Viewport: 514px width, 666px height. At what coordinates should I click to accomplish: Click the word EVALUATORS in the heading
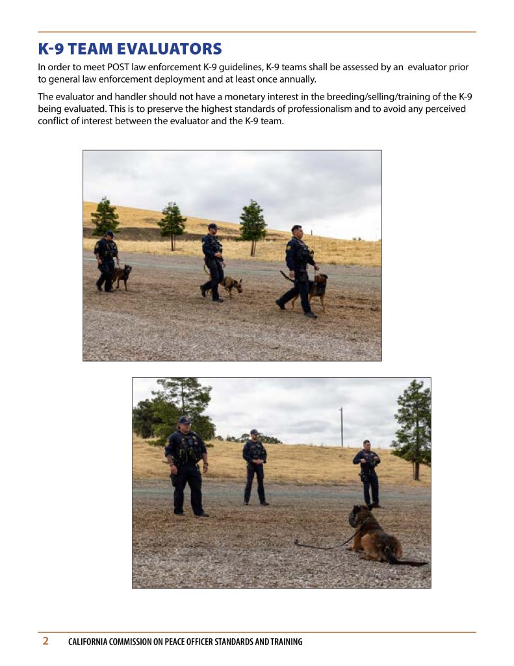(170, 49)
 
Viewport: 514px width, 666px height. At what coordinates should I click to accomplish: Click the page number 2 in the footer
(45, 641)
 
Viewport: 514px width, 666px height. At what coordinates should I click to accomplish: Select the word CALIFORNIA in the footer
(88, 641)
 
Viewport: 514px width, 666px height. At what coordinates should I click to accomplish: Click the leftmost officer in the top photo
(106, 261)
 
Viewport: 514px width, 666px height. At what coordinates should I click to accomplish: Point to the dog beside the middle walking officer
(230, 286)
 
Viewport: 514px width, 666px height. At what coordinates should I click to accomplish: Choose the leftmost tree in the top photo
(105, 217)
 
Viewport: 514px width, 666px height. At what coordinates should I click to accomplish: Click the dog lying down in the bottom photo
(378, 535)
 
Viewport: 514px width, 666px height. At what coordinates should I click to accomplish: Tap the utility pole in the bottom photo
(342, 427)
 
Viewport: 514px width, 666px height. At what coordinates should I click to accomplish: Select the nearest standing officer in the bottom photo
(186, 466)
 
